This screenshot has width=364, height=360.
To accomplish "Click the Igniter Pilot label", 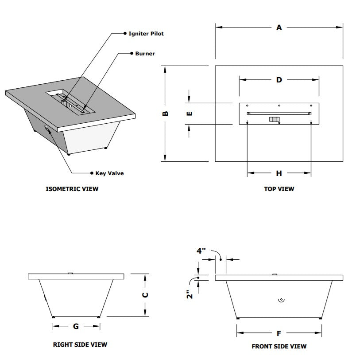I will pos(146,34).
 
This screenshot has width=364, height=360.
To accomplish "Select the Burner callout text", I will pos(145,54).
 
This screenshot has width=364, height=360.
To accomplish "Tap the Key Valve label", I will pos(109,173).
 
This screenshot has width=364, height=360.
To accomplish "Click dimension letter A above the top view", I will pos(279,27).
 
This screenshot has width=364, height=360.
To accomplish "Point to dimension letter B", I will pos(165,113).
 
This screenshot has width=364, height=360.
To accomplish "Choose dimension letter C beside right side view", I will pos(146,295).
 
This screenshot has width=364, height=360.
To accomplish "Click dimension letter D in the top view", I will pos(279,80).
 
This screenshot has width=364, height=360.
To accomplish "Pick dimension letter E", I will pos(189,113).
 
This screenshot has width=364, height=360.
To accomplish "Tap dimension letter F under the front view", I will pos(279,333).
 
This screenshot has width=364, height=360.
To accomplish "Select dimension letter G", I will pos(76,326).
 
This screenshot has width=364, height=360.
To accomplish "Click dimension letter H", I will pos(279,173).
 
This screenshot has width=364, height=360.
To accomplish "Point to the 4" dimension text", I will pos(201,250).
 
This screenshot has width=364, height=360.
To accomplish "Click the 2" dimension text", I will pos(189,295).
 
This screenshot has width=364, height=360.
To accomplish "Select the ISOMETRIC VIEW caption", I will pos(72,189).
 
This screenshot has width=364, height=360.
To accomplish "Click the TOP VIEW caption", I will pos(279,189).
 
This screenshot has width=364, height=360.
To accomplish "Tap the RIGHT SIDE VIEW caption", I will pos(80,344).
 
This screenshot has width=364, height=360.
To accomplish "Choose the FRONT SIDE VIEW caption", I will pos(279,346).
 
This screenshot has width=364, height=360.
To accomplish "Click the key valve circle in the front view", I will pos(280,300).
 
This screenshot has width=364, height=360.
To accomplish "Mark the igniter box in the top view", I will pos(275,119).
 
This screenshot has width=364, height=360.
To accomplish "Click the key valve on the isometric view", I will pos(46,128).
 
